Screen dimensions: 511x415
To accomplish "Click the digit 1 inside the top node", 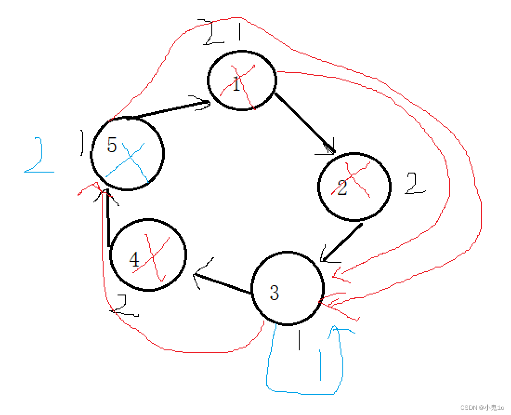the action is pos(236,85).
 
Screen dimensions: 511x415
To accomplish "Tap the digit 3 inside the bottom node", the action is pos(274,293).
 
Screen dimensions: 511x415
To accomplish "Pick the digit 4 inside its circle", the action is pos(134,260).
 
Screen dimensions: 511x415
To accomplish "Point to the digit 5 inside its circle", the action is pos(111,145).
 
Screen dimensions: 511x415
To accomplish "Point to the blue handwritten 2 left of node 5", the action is pos(37,156).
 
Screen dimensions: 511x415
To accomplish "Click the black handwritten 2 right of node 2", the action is pos(415,184).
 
